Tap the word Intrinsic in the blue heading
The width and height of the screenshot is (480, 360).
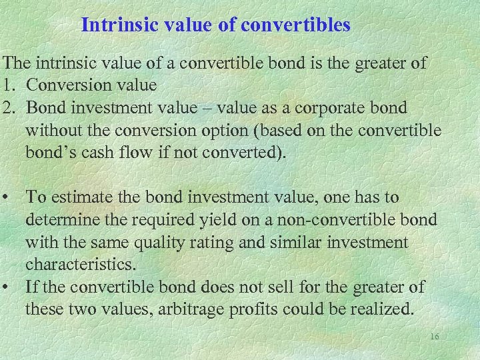[111, 25]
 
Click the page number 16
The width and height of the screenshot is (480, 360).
[435, 337]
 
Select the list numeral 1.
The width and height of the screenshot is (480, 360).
[7, 85]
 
